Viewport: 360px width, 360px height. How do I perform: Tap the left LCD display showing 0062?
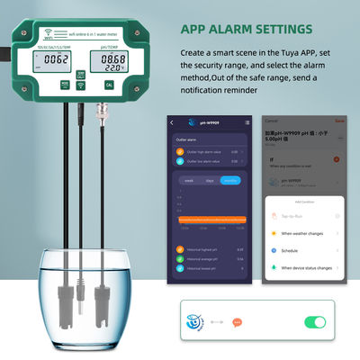point(57,61)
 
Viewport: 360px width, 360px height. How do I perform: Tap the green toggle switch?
point(315,321)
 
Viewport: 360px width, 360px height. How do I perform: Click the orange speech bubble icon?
point(238,322)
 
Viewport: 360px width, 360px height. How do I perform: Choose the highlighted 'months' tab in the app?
point(231,181)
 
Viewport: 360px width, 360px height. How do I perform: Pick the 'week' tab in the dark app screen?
point(190,181)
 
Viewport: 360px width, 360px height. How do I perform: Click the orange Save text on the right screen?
point(338,120)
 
